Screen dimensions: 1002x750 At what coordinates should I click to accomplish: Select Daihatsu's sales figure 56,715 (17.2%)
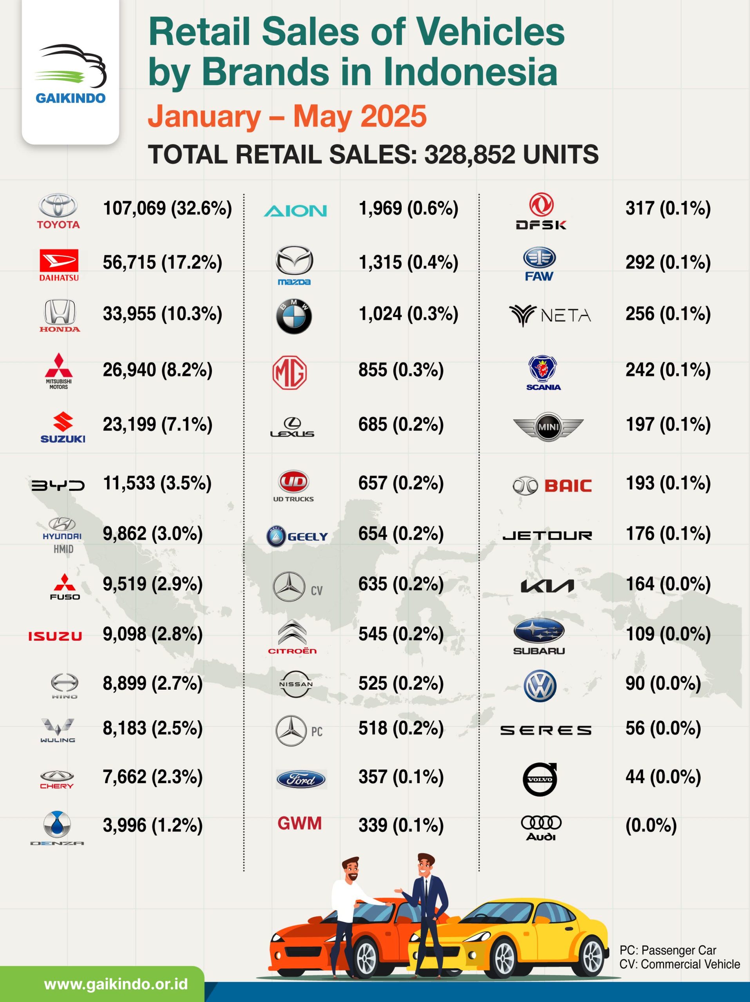point(162,263)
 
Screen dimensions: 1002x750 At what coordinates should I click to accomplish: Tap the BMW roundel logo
point(294,316)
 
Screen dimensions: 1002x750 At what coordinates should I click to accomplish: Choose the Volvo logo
point(540,780)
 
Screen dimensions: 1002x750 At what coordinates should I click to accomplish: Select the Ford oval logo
point(301,780)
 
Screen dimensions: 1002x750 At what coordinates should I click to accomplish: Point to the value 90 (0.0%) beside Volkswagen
point(663,683)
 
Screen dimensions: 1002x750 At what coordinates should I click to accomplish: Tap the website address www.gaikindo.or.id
point(116,984)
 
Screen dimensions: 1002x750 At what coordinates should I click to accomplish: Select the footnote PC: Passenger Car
point(667,950)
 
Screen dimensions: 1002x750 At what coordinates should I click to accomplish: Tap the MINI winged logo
point(548,427)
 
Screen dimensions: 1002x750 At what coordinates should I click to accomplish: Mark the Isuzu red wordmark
point(55,636)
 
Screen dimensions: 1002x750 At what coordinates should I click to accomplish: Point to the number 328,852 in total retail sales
point(470,155)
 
